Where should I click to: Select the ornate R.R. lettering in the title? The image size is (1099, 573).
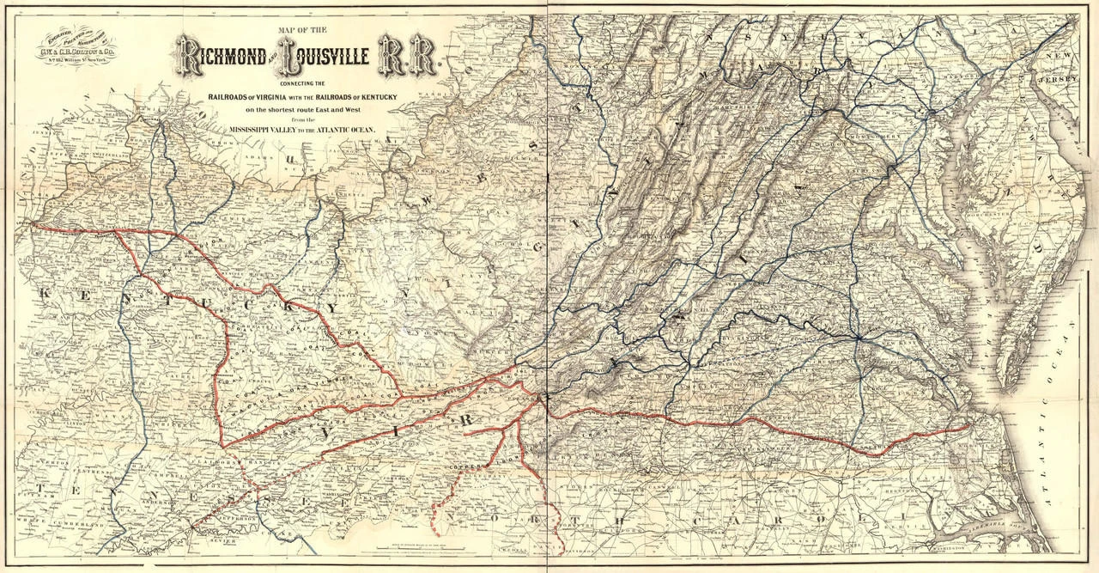410,57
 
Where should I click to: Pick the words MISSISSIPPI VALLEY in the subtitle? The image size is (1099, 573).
267,131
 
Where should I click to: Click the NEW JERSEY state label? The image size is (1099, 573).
1060,68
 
